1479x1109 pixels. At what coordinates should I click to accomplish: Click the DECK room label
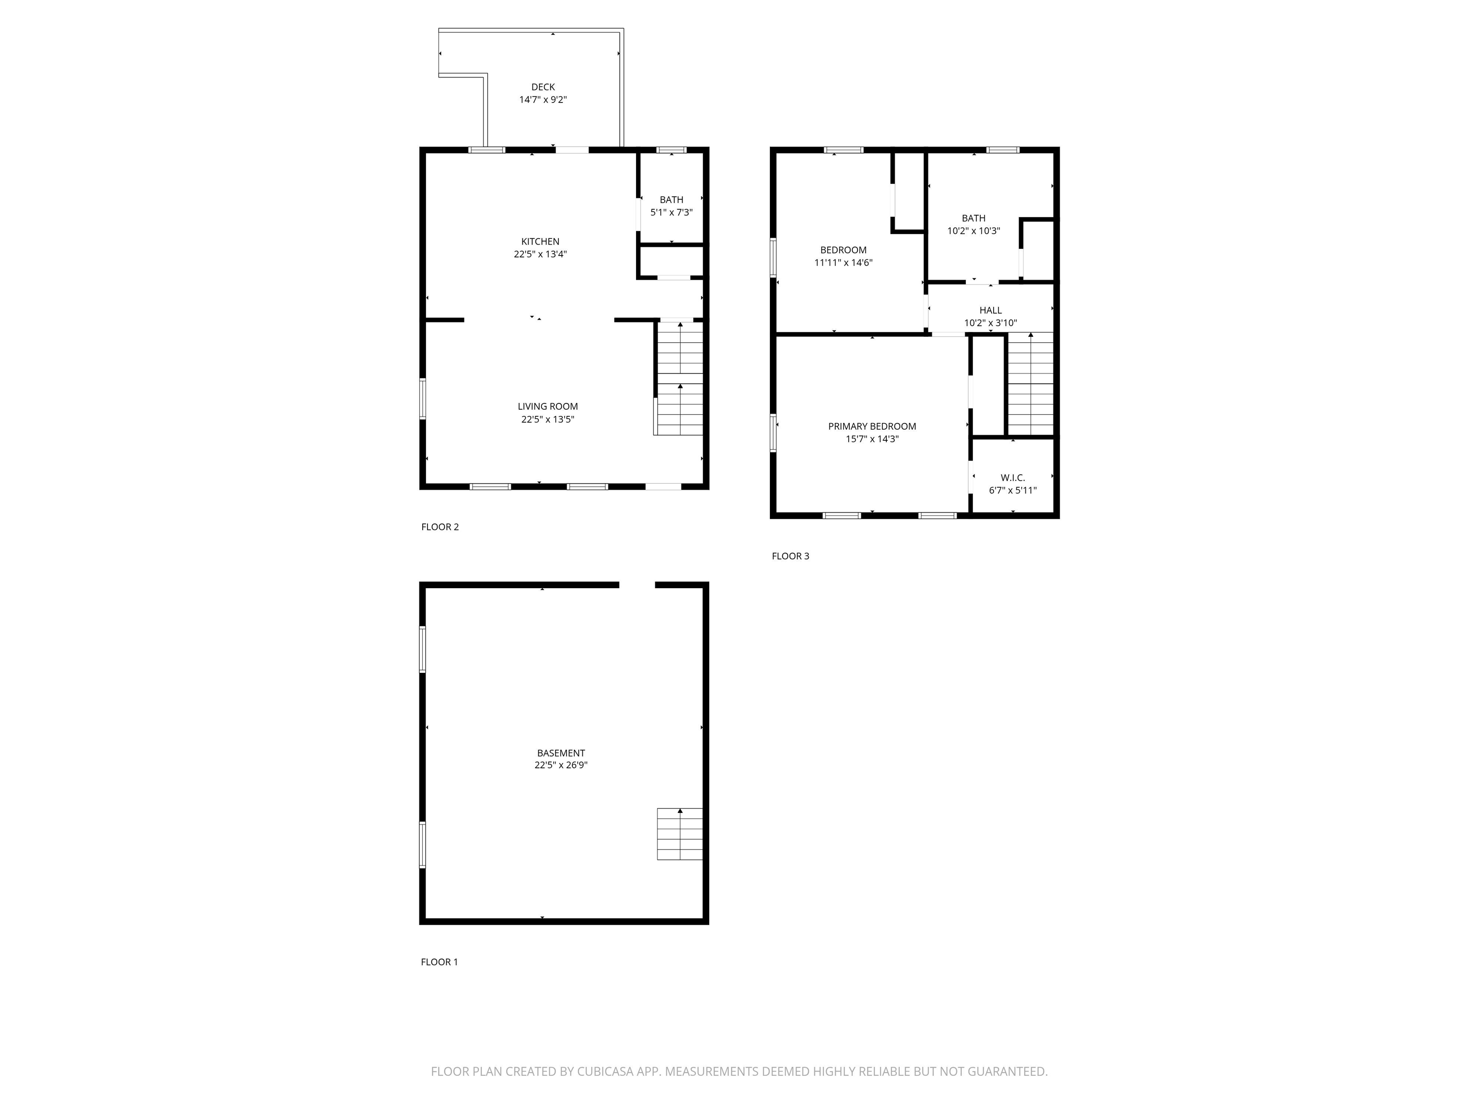pos(543,87)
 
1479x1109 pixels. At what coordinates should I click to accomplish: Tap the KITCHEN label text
pos(540,241)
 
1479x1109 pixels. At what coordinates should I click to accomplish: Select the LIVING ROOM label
pos(547,406)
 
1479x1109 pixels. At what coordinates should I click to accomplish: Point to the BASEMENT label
pos(561,753)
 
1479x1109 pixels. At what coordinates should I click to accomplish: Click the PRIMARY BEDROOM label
pos(872,426)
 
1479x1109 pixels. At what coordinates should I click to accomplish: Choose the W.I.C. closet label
pos(1013,477)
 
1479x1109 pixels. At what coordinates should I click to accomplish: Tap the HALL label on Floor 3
pos(990,310)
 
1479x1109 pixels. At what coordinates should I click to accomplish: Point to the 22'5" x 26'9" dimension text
pos(561,765)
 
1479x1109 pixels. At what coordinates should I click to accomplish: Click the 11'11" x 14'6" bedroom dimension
pos(843,263)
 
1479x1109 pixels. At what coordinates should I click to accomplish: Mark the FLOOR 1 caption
pos(439,962)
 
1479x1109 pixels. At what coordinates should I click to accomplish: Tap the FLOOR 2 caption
pos(440,527)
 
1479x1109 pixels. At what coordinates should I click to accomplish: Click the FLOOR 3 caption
pos(791,556)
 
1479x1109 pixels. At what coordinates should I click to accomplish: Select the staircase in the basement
pos(680,834)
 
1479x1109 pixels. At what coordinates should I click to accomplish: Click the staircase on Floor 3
pos(1030,385)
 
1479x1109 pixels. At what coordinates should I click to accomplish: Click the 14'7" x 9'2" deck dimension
pos(543,100)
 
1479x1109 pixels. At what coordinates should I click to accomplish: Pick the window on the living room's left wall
pos(423,399)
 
